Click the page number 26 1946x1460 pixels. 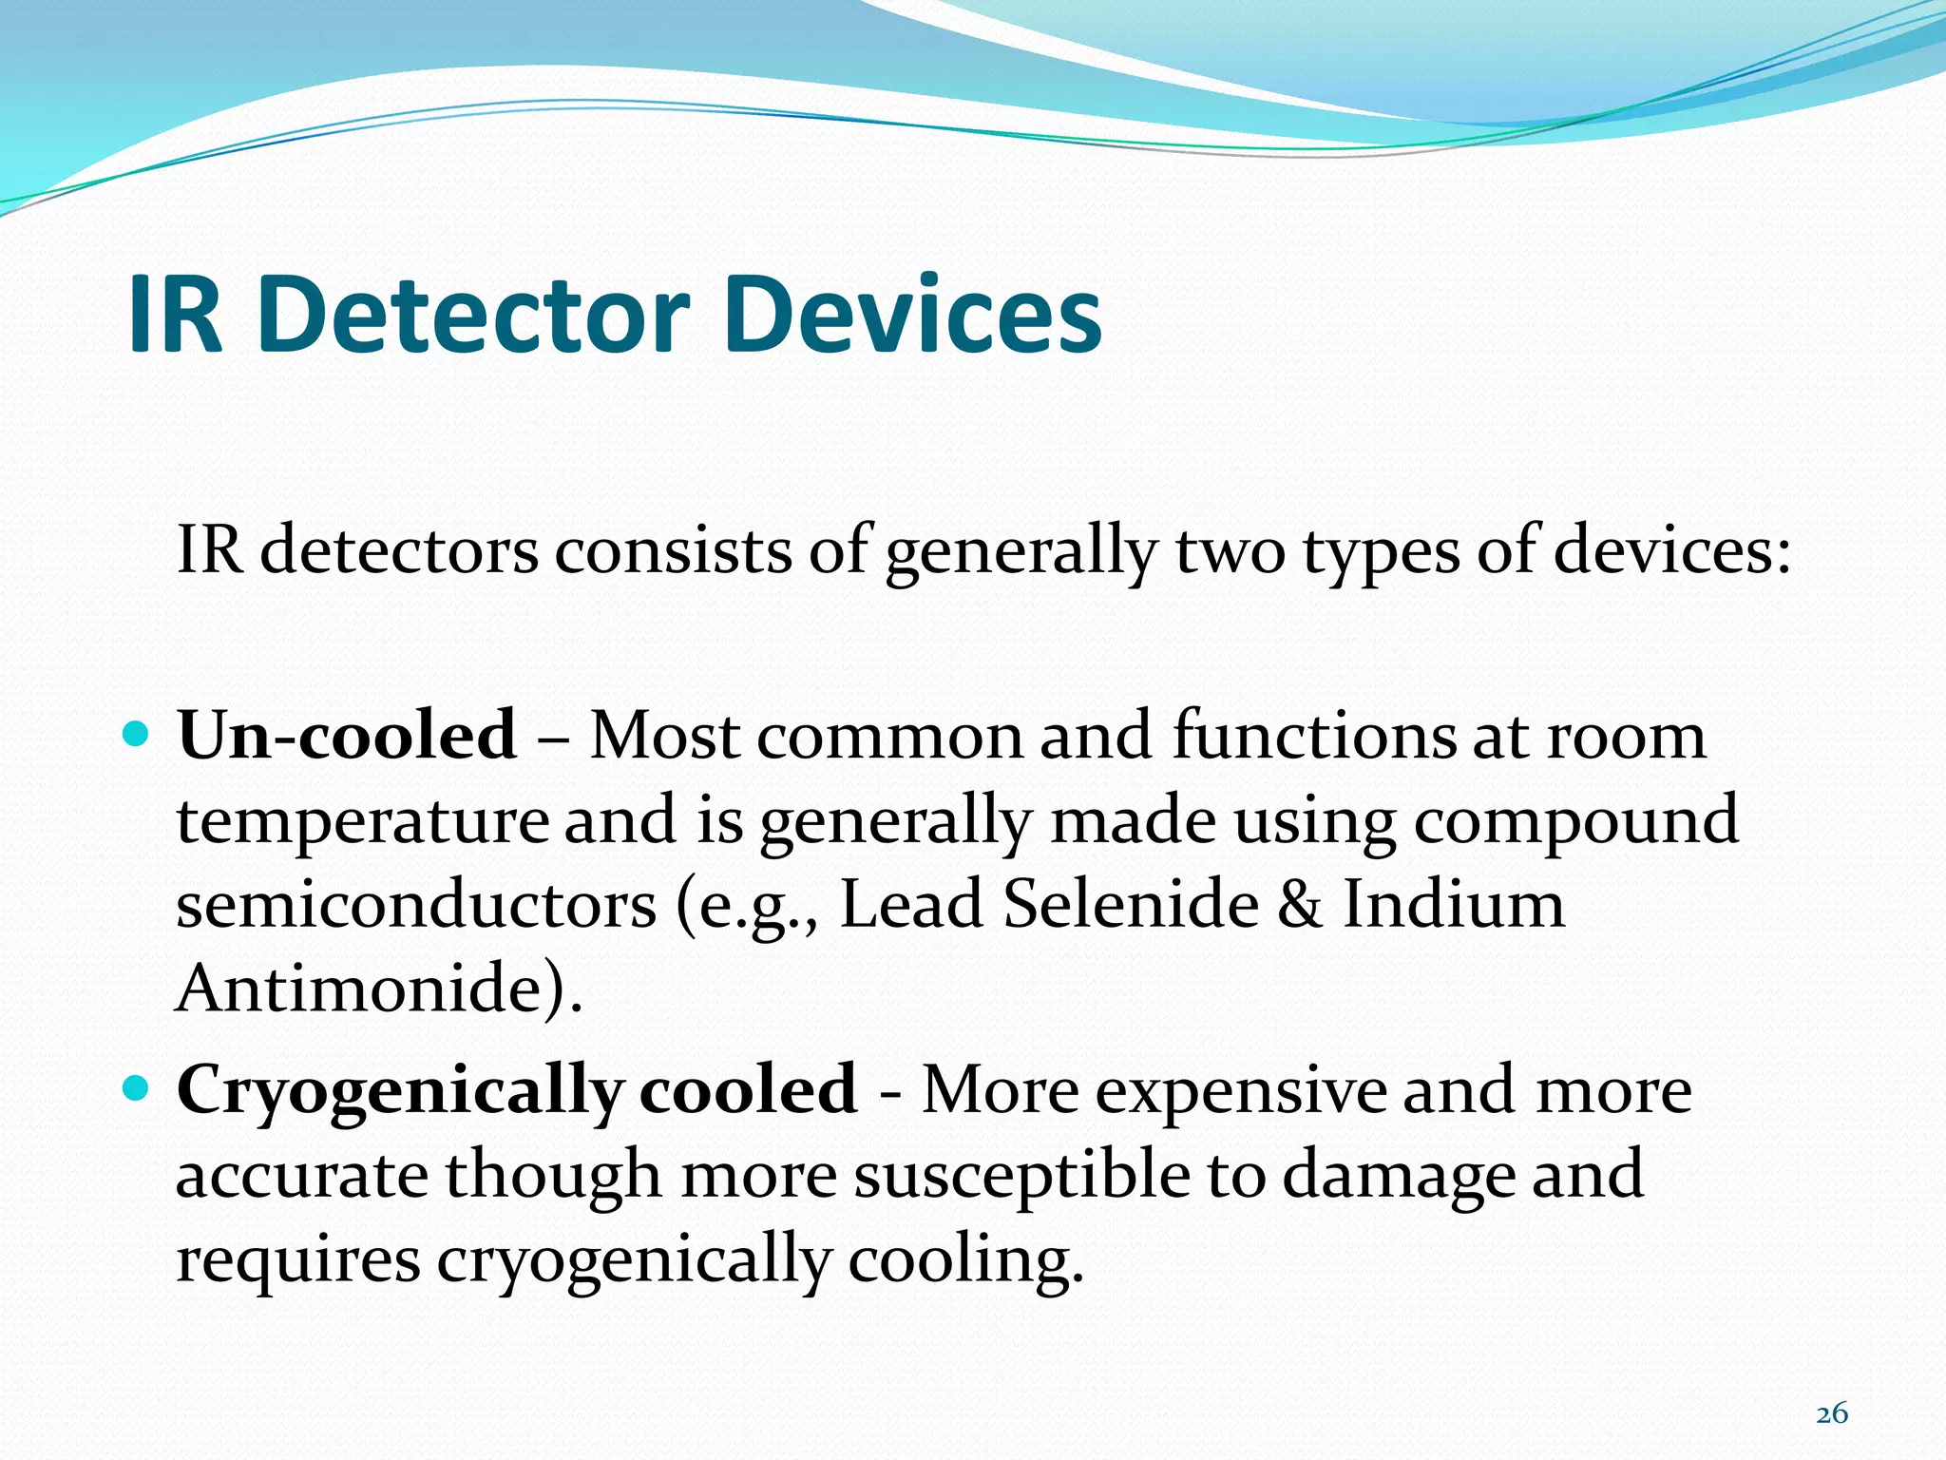[x=1831, y=1413]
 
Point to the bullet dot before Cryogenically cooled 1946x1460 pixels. [x=137, y=1087]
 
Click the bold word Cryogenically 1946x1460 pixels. [x=399, y=1091]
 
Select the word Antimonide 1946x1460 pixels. [x=366, y=989]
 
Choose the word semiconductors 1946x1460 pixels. [x=416, y=905]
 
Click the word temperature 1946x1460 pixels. [x=362, y=821]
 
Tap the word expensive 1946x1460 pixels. [x=1241, y=1091]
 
